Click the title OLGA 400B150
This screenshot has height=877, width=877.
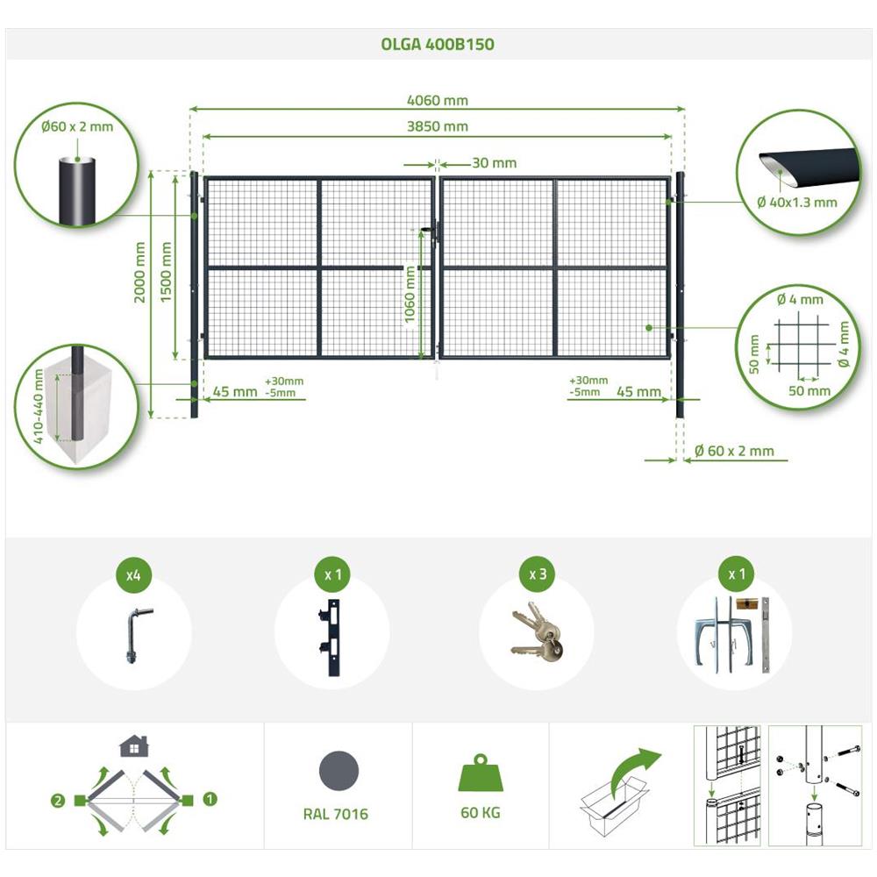pyautogui.click(x=438, y=44)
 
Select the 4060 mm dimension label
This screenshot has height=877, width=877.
pyautogui.click(x=438, y=101)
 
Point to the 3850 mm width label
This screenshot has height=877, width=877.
pyautogui.click(x=438, y=126)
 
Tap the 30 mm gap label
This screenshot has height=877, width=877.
pyautogui.click(x=495, y=163)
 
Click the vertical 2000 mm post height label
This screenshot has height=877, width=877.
pyautogui.click(x=139, y=272)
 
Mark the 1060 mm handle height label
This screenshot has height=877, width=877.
pyautogui.click(x=410, y=294)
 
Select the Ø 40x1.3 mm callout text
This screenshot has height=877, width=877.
pyautogui.click(x=797, y=203)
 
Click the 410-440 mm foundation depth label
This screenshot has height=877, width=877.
pyautogui.click(x=38, y=407)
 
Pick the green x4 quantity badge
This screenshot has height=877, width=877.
pyautogui.click(x=133, y=574)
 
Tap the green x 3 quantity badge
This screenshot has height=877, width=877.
pyautogui.click(x=538, y=574)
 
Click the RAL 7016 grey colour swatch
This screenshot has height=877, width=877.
pyautogui.click(x=339, y=771)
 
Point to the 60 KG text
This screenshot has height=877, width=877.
pyautogui.click(x=481, y=813)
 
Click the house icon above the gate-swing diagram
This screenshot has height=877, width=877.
pyautogui.click(x=134, y=745)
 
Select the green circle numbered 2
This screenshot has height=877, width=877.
pyautogui.click(x=58, y=801)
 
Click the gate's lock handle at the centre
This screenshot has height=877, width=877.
pyautogui.click(x=431, y=232)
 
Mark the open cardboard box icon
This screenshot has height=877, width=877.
pyautogui.click(x=614, y=805)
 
